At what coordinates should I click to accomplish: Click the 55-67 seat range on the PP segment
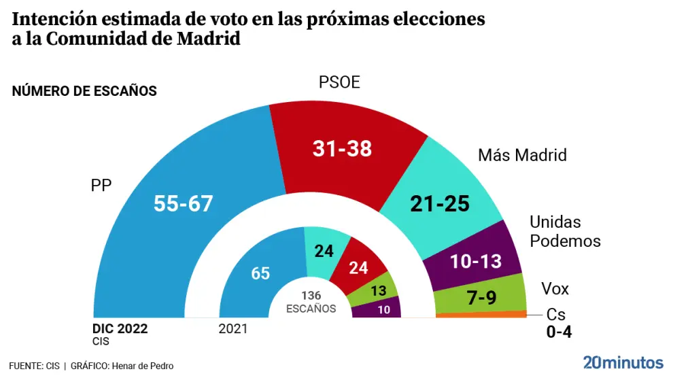(184, 203)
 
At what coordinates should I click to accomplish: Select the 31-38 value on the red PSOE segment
(342, 149)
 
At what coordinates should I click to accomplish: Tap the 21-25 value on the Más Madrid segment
(441, 203)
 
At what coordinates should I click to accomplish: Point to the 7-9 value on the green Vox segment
(481, 296)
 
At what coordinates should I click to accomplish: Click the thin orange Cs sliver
(481, 314)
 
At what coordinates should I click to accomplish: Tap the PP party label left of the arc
(101, 185)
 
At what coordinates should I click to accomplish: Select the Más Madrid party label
(522, 155)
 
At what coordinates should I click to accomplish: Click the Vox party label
(555, 289)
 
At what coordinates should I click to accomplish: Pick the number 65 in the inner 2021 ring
(260, 274)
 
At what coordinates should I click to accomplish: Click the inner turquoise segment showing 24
(324, 251)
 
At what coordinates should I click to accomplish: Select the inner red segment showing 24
(358, 267)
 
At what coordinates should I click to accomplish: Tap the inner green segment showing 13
(378, 291)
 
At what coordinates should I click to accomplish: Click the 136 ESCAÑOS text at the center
(311, 302)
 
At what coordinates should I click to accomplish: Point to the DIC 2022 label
(120, 329)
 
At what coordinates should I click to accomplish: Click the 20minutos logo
(623, 361)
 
